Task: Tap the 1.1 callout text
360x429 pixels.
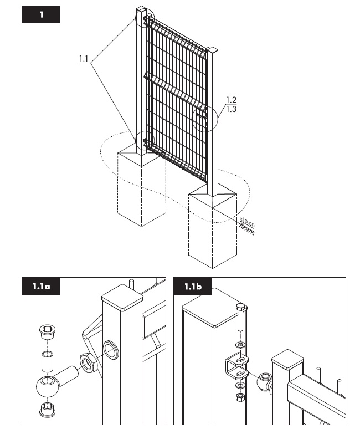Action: click(84, 58)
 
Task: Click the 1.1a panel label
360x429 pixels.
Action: click(42, 287)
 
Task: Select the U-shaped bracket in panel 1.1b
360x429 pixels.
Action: click(238, 364)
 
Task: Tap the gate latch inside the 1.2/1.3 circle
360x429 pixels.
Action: click(203, 114)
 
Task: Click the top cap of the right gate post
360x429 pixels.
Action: click(213, 52)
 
